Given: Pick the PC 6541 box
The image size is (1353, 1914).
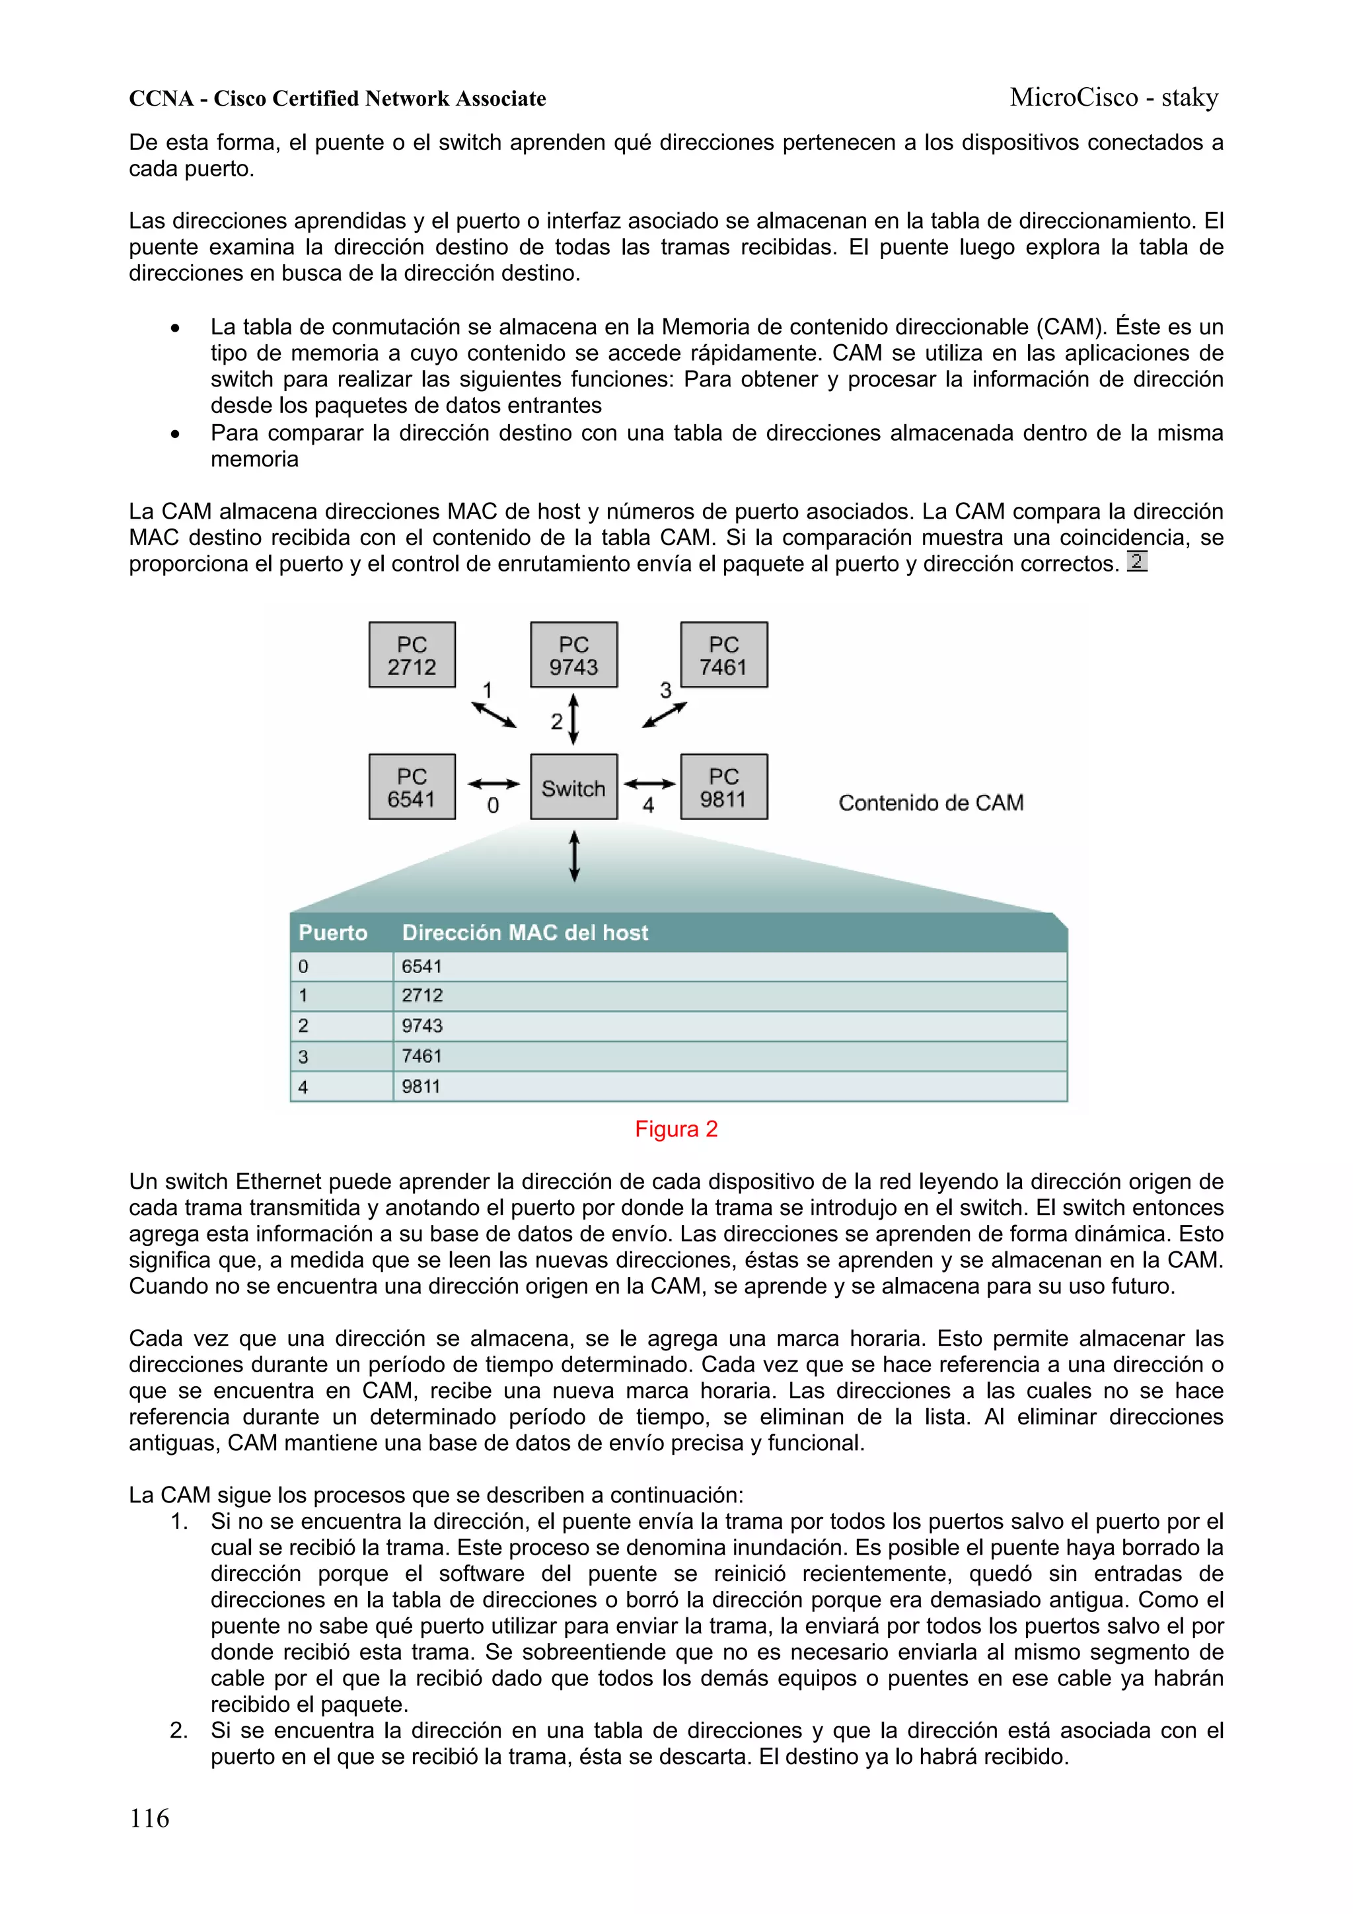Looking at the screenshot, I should (412, 787).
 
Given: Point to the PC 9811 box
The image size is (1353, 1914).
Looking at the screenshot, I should (723, 787).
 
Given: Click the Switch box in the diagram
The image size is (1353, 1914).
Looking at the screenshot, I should (573, 787).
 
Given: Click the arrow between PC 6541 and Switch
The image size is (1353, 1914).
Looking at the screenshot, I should (494, 784).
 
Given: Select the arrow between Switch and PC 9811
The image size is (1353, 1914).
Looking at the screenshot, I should (649, 784).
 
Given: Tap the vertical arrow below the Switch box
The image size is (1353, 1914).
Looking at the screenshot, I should (573, 856).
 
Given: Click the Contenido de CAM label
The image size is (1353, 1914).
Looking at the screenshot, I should (930, 803).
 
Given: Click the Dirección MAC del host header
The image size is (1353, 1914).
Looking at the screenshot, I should (525, 933).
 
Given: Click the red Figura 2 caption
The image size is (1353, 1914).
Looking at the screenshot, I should (676, 1130).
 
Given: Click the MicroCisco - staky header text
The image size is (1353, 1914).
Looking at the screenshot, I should (1114, 98).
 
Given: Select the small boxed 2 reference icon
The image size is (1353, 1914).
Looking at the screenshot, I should (1136, 561).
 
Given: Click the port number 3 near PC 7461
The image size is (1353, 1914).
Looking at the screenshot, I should (665, 690).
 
